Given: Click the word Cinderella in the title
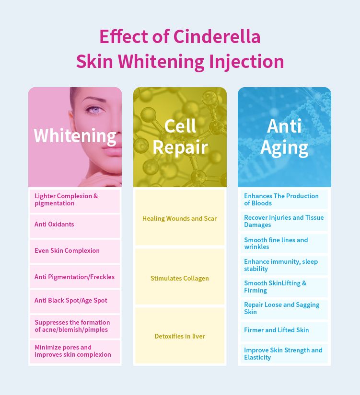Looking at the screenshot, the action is tap(217, 36).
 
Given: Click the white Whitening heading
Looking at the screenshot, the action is tap(75, 136).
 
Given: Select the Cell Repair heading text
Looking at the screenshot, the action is tap(180, 136).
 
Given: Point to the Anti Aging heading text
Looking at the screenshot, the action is tap(284, 137).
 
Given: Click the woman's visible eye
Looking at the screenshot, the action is tap(94, 110).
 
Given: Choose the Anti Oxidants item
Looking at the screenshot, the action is tap(54, 224).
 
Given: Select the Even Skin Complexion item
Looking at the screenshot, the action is tap(67, 251).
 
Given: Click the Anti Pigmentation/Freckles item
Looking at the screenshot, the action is tap(74, 277).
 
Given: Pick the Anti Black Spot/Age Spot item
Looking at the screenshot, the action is tap(71, 300).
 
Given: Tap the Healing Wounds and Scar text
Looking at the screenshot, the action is tap(180, 218).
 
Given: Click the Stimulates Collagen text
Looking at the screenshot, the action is tap(180, 278).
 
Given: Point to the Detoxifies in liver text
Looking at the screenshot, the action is tap(180, 336).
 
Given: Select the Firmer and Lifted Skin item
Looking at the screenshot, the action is tap(277, 330).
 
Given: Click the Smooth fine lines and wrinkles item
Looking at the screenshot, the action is tap(276, 243).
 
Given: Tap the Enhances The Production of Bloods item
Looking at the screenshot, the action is tap(281, 200).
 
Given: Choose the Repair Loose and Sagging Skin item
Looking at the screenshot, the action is tap(281, 308).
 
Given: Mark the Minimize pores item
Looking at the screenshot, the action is tap(73, 350).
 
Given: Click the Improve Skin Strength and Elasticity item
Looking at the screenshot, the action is tap(283, 354).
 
